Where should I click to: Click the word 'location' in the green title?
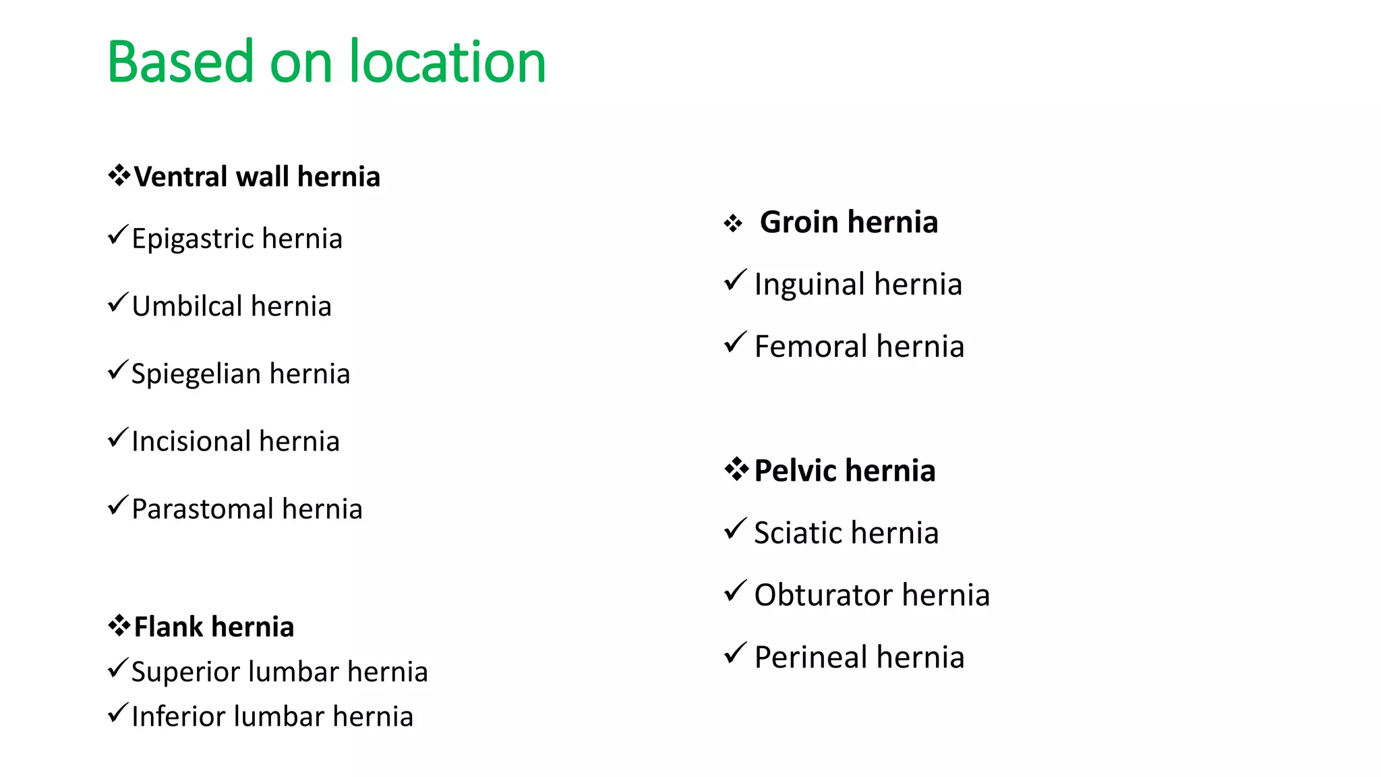[x=446, y=62]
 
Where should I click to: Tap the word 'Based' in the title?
[x=180, y=62]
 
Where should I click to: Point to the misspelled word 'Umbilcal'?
[x=187, y=306]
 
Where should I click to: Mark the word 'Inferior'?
[x=178, y=716]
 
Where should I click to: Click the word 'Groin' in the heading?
[x=799, y=222]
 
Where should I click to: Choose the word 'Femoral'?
[x=811, y=347]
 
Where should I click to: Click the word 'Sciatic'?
[x=796, y=533]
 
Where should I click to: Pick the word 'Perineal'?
[x=811, y=658]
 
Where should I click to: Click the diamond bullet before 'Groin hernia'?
[x=733, y=223]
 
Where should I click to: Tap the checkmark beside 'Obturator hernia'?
[x=735, y=592]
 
